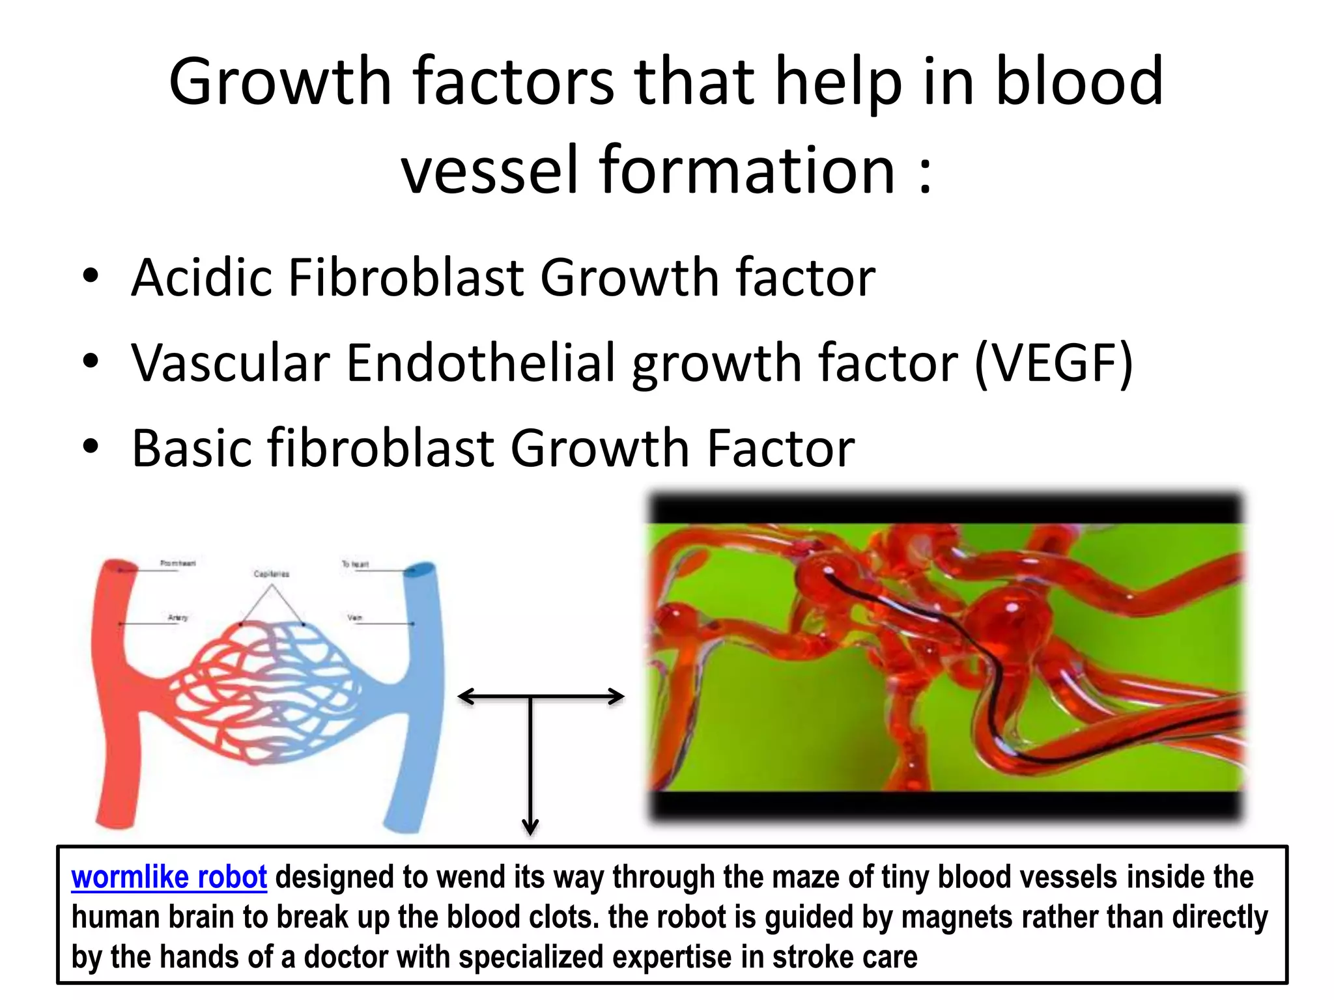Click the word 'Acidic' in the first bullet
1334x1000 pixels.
[x=201, y=278]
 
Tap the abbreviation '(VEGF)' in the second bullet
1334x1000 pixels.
[x=1054, y=363]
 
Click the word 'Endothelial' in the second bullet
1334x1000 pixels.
[x=480, y=363]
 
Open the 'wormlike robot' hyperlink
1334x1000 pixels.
[x=169, y=878]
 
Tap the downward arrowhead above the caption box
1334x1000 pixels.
[x=530, y=828]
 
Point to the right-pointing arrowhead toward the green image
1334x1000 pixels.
[x=617, y=697]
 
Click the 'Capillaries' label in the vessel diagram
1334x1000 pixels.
[x=271, y=574]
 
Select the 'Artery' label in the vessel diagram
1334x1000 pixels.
[x=177, y=617]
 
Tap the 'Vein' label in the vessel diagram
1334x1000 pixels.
[x=355, y=617]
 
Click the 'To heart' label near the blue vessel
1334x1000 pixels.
[x=355, y=564]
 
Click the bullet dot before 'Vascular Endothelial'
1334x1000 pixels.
[x=91, y=361]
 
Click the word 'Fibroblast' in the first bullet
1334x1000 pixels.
[x=406, y=278]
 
